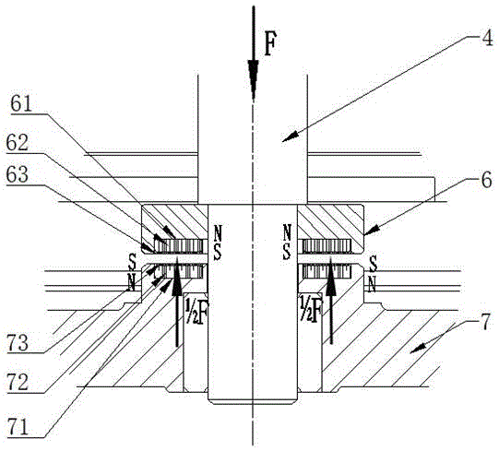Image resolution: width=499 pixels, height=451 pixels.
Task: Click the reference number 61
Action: point(21,104)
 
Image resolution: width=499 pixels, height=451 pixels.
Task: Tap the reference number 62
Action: point(18,143)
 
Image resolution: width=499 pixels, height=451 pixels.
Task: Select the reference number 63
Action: point(18,174)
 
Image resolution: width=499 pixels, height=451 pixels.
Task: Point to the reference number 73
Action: point(18,343)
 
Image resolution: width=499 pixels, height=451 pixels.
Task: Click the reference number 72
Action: point(18,382)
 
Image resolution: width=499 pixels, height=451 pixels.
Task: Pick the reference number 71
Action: point(18,427)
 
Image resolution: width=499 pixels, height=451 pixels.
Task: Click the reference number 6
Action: point(486,180)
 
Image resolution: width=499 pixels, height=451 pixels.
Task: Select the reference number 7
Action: point(486,324)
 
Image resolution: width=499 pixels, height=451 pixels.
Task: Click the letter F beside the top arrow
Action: point(269,45)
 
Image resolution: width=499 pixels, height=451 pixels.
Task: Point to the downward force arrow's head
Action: point(254,80)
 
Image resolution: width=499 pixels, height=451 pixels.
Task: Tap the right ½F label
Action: point(311,308)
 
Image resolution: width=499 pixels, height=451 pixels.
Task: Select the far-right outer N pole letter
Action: point(372,284)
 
